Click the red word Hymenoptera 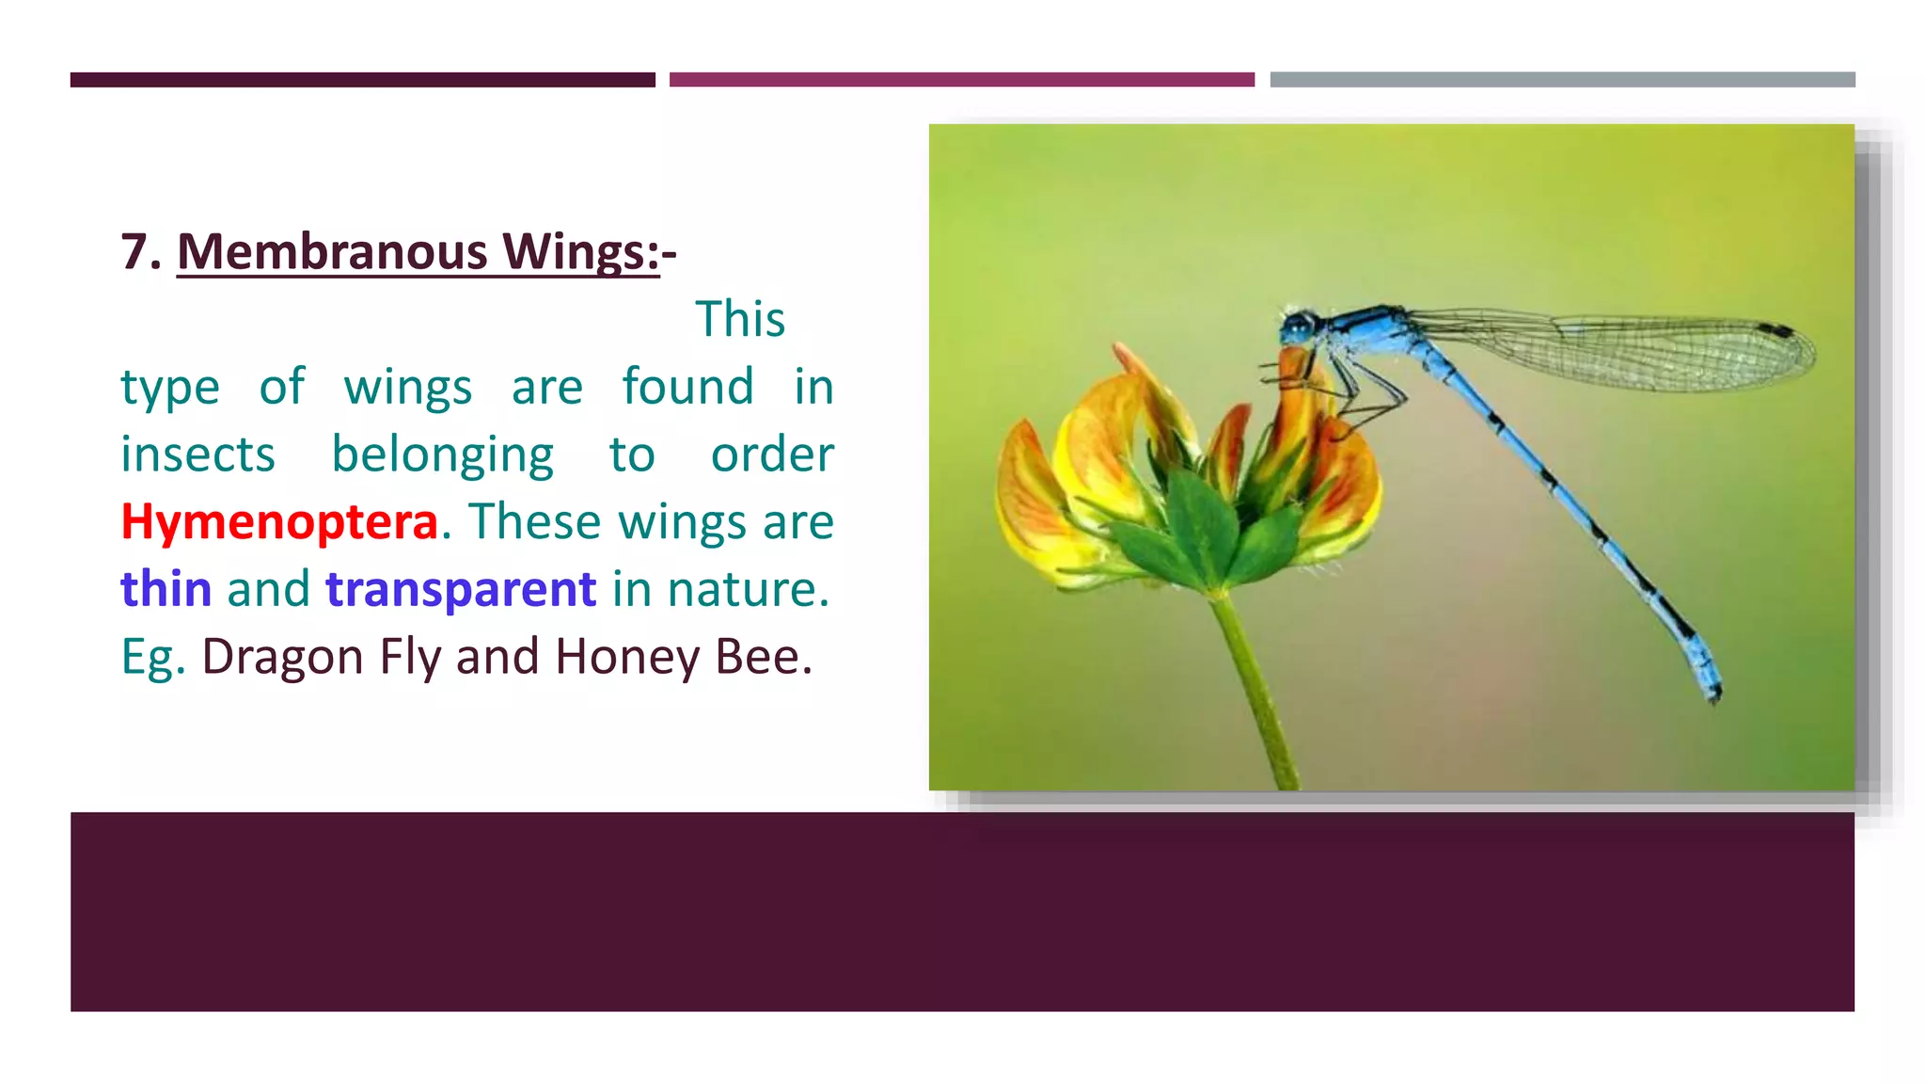(279, 521)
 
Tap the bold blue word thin (166, 589)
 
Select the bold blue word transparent (460, 589)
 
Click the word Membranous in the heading (332, 252)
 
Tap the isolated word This (739, 319)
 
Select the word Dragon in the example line (282, 656)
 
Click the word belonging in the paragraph (442, 454)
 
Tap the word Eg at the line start (147, 656)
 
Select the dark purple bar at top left (362, 80)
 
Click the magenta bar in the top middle (961, 80)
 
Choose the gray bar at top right (1562, 80)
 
